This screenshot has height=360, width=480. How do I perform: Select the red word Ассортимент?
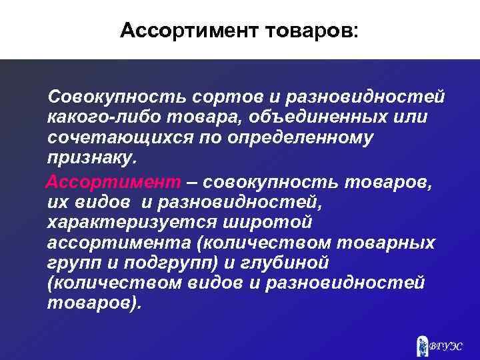(113, 181)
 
